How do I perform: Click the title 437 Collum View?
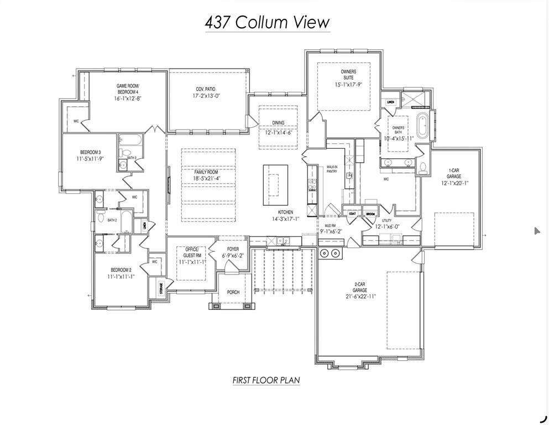click(x=267, y=22)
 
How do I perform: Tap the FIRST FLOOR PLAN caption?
click(x=266, y=380)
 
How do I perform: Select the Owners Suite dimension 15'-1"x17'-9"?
click(x=348, y=85)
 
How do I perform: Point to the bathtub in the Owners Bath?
click(x=423, y=126)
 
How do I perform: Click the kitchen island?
click(x=275, y=180)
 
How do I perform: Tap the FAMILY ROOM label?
click(x=206, y=172)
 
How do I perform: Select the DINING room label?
click(x=278, y=123)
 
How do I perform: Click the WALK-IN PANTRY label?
click(x=332, y=169)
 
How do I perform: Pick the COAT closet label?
click(x=352, y=213)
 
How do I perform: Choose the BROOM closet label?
click(x=370, y=213)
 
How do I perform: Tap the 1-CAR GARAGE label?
click(x=454, y=173)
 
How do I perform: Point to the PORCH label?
click(x=233, y=292)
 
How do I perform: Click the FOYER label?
click(x=233, y=249)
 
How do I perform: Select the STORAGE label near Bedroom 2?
click(x=161, y=288)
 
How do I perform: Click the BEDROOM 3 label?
click(x=90, y=152)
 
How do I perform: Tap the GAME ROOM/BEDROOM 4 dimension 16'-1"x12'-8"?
click(x=128, y=99)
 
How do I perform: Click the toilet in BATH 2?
click(x=101, y=217)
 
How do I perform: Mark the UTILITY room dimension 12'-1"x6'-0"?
click(x=387, y=226)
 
